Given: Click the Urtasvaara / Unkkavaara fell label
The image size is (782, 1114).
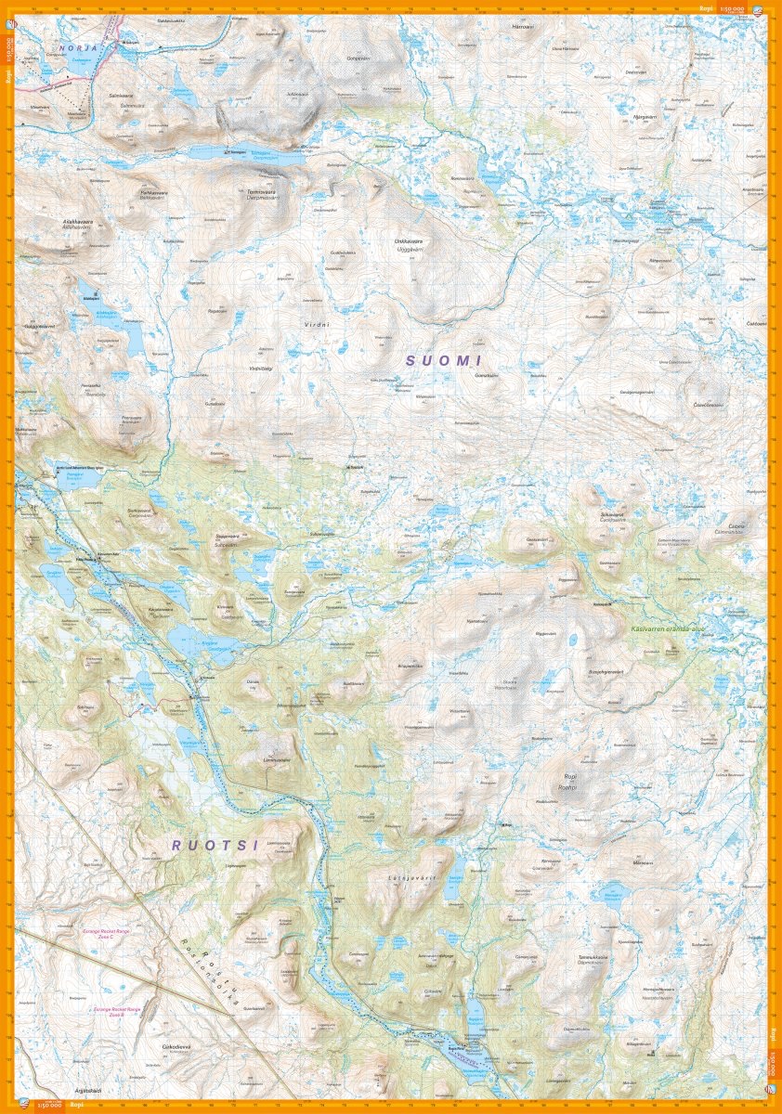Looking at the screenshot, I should coord(410,243).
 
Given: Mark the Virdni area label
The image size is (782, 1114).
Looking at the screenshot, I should coord(317,324).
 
